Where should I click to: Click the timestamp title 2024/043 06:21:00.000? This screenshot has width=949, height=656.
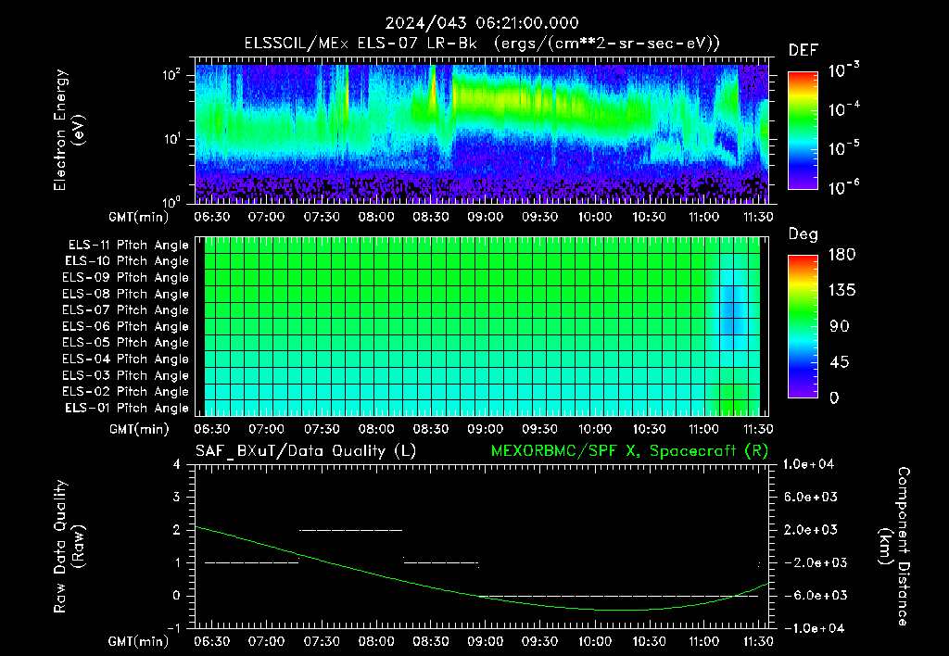click(x=482, y=23)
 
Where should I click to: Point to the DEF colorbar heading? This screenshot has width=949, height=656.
click(x=803, y=50)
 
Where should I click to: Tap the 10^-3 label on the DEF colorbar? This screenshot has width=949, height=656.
click(x=843, y=70)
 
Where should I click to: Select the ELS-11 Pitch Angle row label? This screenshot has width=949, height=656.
click(x=128, y=246)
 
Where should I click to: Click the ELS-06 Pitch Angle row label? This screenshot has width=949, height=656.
click(x=125, y=327)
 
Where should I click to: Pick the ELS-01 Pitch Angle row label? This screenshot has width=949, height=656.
click(x=127, y=408)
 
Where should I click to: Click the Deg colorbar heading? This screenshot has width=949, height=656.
click(x=803, y=234)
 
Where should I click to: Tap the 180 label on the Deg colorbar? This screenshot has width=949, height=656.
click(x=841, y=254)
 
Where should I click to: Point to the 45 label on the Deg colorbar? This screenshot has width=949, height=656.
click(x=838, y=362)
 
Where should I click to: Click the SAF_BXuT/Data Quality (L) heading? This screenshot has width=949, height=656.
click(x=306, y=451)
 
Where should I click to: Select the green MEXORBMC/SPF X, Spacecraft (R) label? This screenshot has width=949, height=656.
click(x=629, y=451)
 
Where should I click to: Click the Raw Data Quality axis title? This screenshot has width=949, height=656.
click(x=69, y=546)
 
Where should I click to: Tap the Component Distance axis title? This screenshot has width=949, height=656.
click(x=894, y=546)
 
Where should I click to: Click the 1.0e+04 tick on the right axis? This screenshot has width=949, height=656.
click(x=808, y=464)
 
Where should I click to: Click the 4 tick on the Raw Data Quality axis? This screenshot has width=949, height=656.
click(x=177, y=465)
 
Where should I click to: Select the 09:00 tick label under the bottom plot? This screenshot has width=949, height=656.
click(x=485, y=641)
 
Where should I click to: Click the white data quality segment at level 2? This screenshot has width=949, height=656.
click(x=351, y=530)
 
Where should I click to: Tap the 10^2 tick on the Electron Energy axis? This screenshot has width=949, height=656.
click(x=171, y=75)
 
